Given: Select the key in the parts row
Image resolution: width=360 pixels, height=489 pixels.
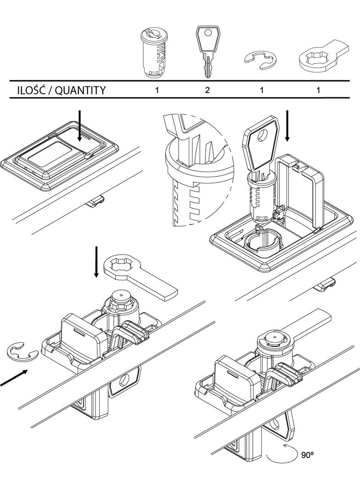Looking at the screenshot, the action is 208,51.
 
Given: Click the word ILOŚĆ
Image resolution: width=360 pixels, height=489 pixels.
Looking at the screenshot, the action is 29,90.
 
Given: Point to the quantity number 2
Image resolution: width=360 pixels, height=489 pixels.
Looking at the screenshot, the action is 207,90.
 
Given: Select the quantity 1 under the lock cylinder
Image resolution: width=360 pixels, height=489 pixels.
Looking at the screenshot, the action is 157,90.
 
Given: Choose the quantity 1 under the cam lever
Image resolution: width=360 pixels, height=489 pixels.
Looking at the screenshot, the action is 318,90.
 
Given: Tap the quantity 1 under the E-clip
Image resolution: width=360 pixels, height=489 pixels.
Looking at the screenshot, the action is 262,90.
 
